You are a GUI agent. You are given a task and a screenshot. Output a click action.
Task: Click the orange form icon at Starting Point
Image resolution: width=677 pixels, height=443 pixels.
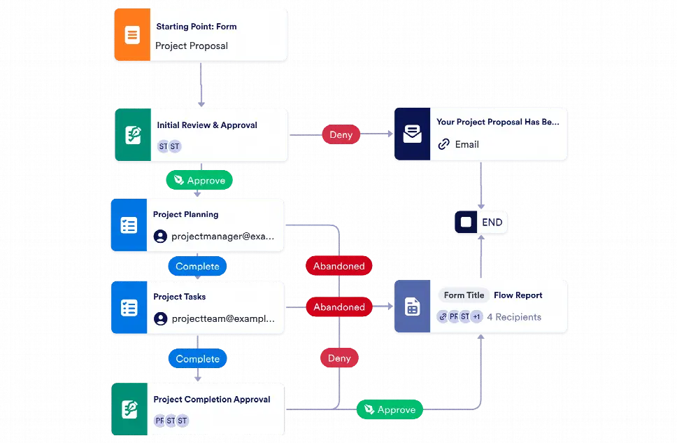click(x=131, y=34)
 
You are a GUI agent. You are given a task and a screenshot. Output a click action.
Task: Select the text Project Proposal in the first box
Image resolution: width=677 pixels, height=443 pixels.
click(x=192, y=46)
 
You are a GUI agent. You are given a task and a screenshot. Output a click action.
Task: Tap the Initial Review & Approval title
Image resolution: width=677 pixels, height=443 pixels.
click(x=207, y=125)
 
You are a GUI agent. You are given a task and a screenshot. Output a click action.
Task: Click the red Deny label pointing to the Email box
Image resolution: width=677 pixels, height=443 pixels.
click(x=341, y=135)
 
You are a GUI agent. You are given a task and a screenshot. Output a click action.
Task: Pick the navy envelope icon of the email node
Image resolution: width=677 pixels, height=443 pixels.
click(x=412, y=134)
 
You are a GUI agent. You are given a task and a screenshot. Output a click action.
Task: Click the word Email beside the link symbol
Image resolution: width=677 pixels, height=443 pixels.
click(x=467, y=144)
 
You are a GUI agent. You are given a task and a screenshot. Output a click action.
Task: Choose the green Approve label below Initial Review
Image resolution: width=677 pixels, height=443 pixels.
click(x=199, y=180)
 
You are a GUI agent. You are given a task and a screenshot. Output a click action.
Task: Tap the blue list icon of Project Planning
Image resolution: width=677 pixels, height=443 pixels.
click(x=129, y=225)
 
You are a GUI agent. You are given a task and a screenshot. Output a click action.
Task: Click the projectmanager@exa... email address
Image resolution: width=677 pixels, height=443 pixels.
click(x=223, y=237)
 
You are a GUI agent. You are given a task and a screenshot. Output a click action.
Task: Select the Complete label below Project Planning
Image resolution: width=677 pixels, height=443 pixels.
click(x=197, y=267)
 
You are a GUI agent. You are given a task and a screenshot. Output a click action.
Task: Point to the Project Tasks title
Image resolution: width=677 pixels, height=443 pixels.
click(x=180, y=297)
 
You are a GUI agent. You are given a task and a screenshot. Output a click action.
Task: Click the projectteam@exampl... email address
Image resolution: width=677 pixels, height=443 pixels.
click(x=223, y=318)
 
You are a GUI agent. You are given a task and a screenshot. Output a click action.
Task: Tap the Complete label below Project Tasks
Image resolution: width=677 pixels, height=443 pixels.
click(x=197, y=359)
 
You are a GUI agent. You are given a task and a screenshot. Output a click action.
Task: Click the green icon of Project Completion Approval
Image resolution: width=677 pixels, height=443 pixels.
click(x=129, y=409)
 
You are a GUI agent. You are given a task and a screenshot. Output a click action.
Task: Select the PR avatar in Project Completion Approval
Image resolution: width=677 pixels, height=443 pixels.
click(x=160, y=421)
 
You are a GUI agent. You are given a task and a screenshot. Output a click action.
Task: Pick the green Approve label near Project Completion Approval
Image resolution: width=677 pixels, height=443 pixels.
click(x=390, y=410)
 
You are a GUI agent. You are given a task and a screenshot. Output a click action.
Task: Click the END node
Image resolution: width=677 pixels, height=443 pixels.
click(x=480, y=223)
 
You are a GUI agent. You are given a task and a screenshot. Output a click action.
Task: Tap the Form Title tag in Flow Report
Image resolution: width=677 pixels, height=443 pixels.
click(x=464, y=295)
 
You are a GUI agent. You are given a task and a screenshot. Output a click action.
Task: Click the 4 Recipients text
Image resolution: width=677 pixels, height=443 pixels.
click(x=514, y=317)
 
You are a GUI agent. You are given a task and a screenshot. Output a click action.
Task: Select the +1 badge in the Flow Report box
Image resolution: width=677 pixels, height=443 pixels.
click(x=476, y=316)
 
